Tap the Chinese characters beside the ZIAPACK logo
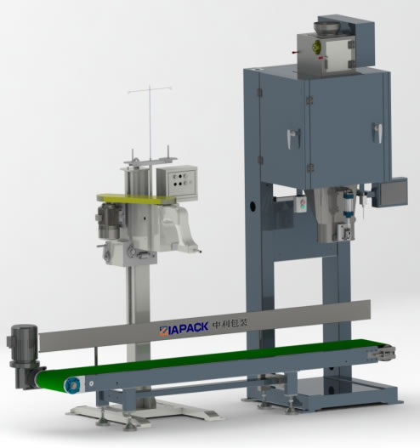point(230,323)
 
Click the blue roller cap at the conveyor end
point(72,385)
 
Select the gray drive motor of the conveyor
point(25,355)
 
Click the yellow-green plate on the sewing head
point(136,199)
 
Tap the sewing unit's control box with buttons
point(177,182)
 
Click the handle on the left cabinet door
point(293,138)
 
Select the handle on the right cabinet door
point(377,133)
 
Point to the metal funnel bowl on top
point(327,28)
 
